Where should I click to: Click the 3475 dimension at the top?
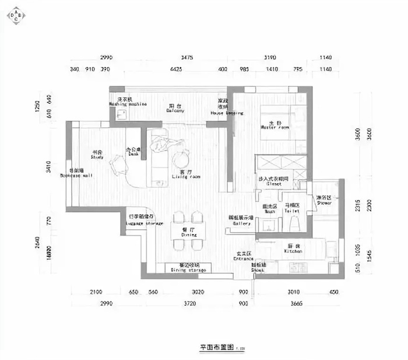point(187,58)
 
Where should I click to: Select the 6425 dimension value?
point(175,70)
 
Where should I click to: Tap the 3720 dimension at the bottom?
point(187,303)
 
